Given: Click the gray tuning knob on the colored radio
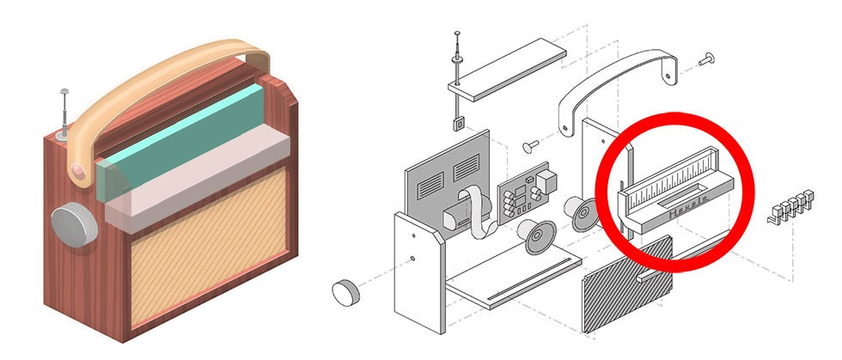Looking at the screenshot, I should pyautogui.click(x=74, y=226).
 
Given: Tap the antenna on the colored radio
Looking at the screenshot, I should pyautogui.click(x=64, y=113).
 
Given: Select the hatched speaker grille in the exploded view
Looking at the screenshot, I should pyautogui.click(x=627, y=288).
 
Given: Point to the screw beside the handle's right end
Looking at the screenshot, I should pyautogui.click(x=708, y=58).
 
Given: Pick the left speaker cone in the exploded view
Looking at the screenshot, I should pyautogui.click(x=536, y=235).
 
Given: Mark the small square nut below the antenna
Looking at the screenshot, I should pyautogui.click(x=460, y=122).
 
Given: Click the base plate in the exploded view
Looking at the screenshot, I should pyautogui.click(x=507, y=284).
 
